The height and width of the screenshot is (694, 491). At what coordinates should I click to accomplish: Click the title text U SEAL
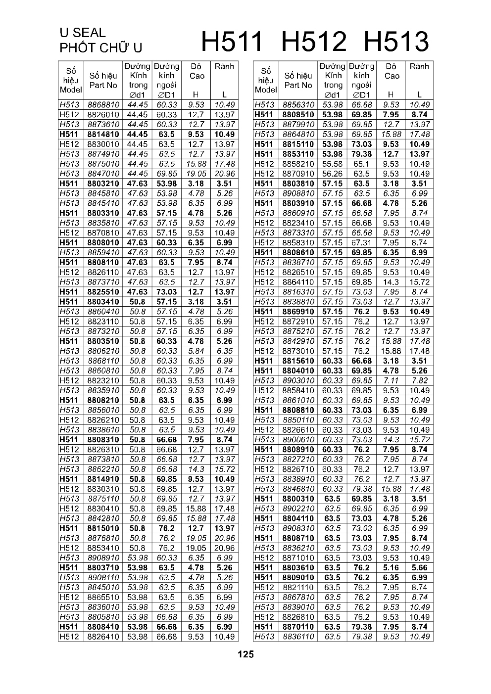(83, 33)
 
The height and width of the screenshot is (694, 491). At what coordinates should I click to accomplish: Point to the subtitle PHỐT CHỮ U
(100, 48)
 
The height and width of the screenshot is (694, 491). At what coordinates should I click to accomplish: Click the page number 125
(245, 654)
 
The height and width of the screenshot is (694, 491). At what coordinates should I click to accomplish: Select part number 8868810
(103, 105)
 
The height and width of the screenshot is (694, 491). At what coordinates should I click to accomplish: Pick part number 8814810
(103, 135)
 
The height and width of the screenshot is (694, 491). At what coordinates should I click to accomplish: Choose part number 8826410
(103, 637)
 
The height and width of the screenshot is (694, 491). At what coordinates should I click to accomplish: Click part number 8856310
(298, 105)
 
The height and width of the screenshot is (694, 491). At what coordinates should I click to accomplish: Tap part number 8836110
(298, 637)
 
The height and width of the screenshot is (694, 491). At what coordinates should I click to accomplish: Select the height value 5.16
(391, 568)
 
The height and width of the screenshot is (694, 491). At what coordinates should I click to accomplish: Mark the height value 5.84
(196, 351)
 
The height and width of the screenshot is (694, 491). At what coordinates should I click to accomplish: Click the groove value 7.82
(419, 380)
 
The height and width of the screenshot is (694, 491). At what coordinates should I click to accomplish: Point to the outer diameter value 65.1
(362, 164)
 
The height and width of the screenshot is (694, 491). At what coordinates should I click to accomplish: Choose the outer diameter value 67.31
(362, 243)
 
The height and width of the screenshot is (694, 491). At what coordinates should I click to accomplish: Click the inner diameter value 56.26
(333, 174)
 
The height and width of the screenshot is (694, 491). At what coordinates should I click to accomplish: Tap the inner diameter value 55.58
(333, 164)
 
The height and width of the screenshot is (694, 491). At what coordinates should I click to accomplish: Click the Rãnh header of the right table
(419, 66)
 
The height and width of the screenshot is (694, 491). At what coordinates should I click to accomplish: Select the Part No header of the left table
(103, 81)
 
